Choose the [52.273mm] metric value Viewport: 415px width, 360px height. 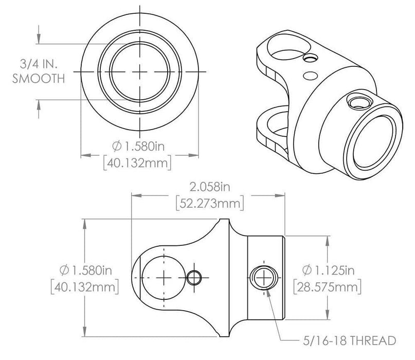(x=209, y=203)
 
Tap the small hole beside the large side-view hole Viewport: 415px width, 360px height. (x=194, y=278)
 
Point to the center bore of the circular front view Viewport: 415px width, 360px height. (x=140, y=71)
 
